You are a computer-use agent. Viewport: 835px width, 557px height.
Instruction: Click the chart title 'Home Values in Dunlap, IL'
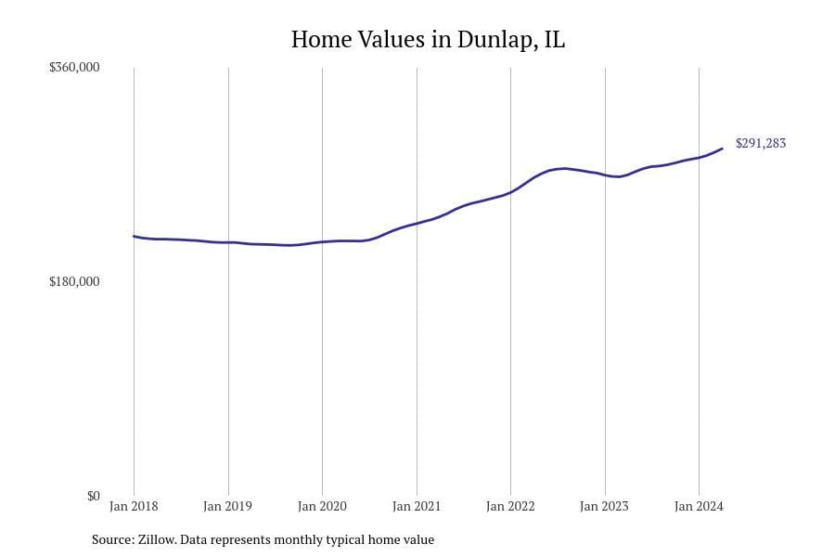click(x=428, y=40)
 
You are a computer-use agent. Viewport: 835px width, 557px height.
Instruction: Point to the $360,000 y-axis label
click(x=74, y=68)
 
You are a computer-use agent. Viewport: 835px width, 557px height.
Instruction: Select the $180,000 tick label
click(x=74, y=281)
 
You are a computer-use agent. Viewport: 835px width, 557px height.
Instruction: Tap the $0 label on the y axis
click(x=93, y=496)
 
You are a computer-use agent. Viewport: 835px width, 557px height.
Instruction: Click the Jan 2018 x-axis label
click(x=134, y=507)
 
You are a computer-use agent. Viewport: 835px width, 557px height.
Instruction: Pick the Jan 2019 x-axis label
click(x=228, y=507)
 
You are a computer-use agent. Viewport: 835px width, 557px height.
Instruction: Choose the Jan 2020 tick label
click(x=322, y=507)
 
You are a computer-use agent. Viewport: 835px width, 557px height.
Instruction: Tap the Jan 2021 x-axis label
click(x=417, y=507)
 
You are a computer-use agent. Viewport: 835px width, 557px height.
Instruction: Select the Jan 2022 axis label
click(x=510, y=507)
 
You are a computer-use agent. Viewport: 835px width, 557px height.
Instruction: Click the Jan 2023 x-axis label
click(x=605, y=507)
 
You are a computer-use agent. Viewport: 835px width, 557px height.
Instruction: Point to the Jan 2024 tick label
click(x=699, y=507)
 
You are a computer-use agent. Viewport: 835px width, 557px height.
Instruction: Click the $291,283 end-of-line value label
click(x=761, y=144)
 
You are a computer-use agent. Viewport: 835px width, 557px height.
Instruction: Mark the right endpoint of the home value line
click(x=723, y=149)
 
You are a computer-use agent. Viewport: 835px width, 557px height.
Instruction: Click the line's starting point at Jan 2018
click(x=134, y=236)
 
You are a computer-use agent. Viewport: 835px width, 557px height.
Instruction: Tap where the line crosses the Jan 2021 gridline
click(x=417, y=224)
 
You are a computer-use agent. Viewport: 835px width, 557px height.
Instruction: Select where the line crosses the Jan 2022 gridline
click(x=510, y=192)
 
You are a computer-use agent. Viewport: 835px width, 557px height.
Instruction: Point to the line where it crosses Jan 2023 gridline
click(x=605, y=175)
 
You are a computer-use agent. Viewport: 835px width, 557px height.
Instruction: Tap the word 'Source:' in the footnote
click(x=112, y=539)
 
